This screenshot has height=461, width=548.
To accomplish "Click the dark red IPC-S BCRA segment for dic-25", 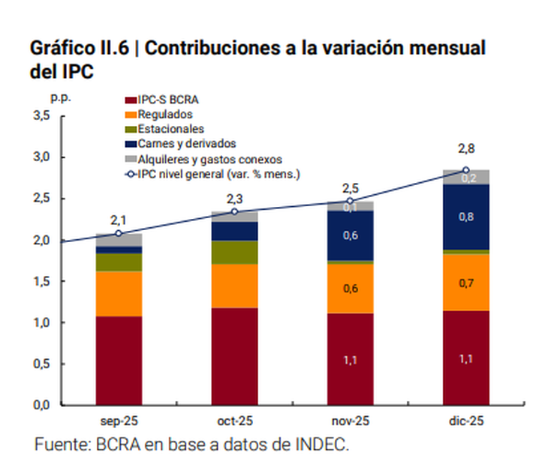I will pos(465,358).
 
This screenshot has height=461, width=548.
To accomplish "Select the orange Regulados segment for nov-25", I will pos(350,288).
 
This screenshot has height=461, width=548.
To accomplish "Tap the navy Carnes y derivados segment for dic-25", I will pos(465,217).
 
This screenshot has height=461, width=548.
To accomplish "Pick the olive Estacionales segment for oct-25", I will pos(234,252).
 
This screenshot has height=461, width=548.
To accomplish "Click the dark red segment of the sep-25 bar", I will pos(119,360).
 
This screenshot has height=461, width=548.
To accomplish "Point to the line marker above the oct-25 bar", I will pos(234,211).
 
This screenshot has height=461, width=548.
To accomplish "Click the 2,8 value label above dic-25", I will pos(465,148).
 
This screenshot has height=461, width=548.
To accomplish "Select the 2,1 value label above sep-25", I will pos(119,220).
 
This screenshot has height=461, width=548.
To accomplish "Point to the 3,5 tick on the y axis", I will pos(41,115).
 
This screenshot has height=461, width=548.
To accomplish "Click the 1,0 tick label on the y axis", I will pos(41,322).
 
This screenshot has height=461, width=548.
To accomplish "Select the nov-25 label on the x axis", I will pos(350,421).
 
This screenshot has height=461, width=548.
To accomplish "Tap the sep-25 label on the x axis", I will pos(119,421).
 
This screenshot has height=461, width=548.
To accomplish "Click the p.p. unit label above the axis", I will pos(59,97).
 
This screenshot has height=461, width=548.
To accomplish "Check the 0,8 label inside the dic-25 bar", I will pos(465,217).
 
